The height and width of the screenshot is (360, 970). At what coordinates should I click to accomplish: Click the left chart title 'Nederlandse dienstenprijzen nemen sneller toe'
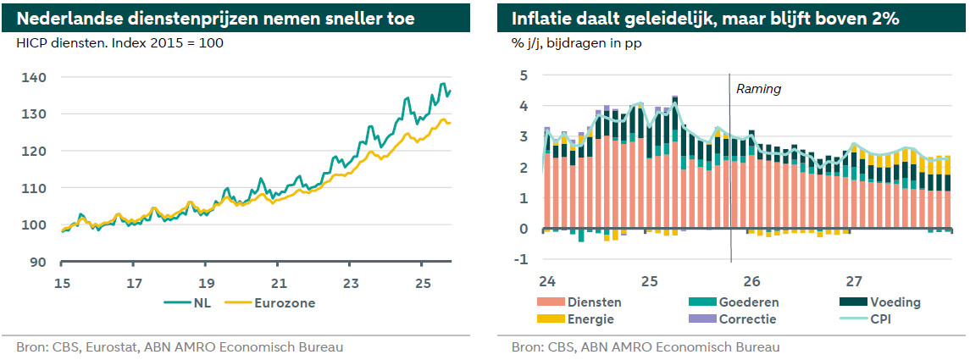click(x=216, y=18)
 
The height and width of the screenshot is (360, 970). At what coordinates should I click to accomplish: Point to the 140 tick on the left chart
click(x=35, y=77)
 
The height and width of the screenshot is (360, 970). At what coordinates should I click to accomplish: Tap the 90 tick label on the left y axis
click(x=38, y=262)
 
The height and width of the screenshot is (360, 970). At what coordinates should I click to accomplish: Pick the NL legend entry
click(x=197, y=303)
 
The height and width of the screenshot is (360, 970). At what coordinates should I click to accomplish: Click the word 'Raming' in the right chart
click(x=758, y=88)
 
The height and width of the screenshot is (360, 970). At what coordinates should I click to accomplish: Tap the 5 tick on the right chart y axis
click(x=524, y=75)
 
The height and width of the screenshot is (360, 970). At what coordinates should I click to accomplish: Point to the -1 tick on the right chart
click(x=522, y=259)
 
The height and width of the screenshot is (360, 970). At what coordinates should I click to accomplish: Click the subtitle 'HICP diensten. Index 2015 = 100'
click(x=120, y=42)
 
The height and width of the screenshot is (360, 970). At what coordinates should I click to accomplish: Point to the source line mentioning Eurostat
click(x=180, y=346)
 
